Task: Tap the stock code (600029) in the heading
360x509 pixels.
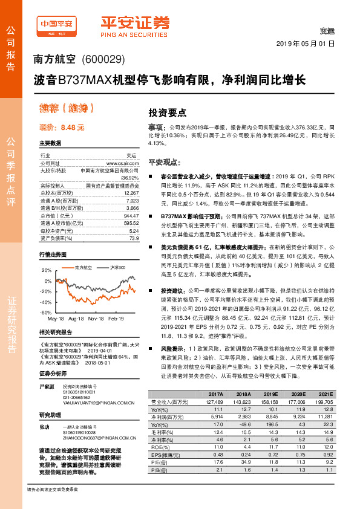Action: click(103, 59)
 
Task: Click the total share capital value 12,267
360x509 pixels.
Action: click(130, 192)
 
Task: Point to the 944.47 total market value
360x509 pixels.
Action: click(130, 215)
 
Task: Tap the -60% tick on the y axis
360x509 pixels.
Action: click(47, 313)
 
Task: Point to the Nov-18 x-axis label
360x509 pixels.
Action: click(96, 318)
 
